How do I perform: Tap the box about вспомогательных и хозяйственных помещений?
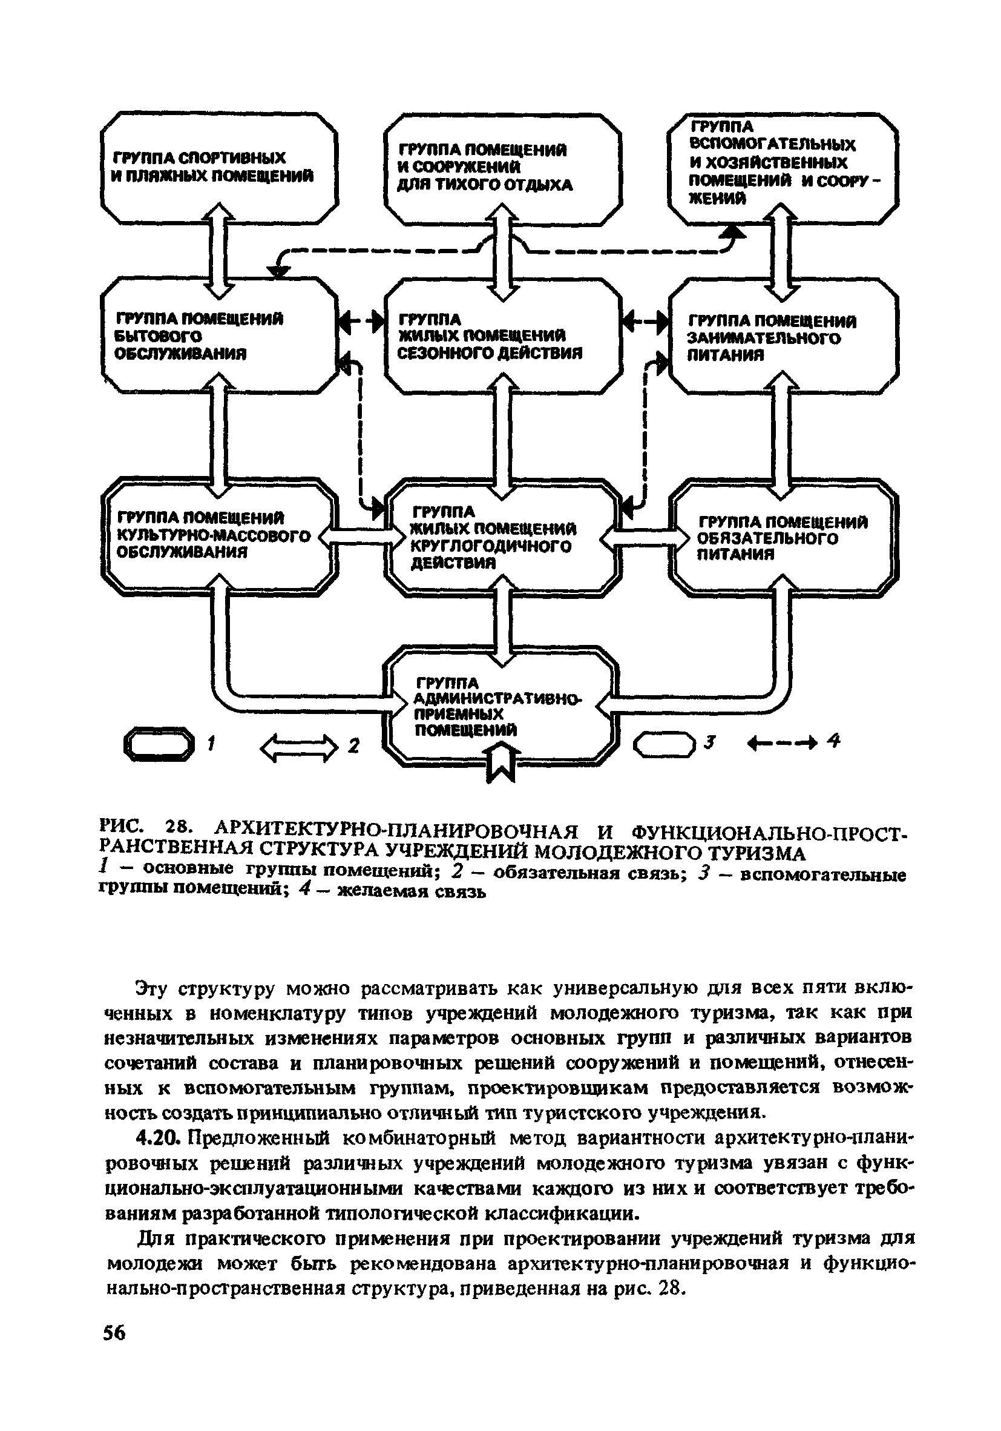click(x=783, y=167)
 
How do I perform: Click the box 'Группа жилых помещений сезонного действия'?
click(x=502, y=337)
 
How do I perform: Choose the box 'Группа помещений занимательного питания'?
click(x=783, y=337)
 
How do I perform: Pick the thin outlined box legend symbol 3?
click(x=663, y=744)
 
